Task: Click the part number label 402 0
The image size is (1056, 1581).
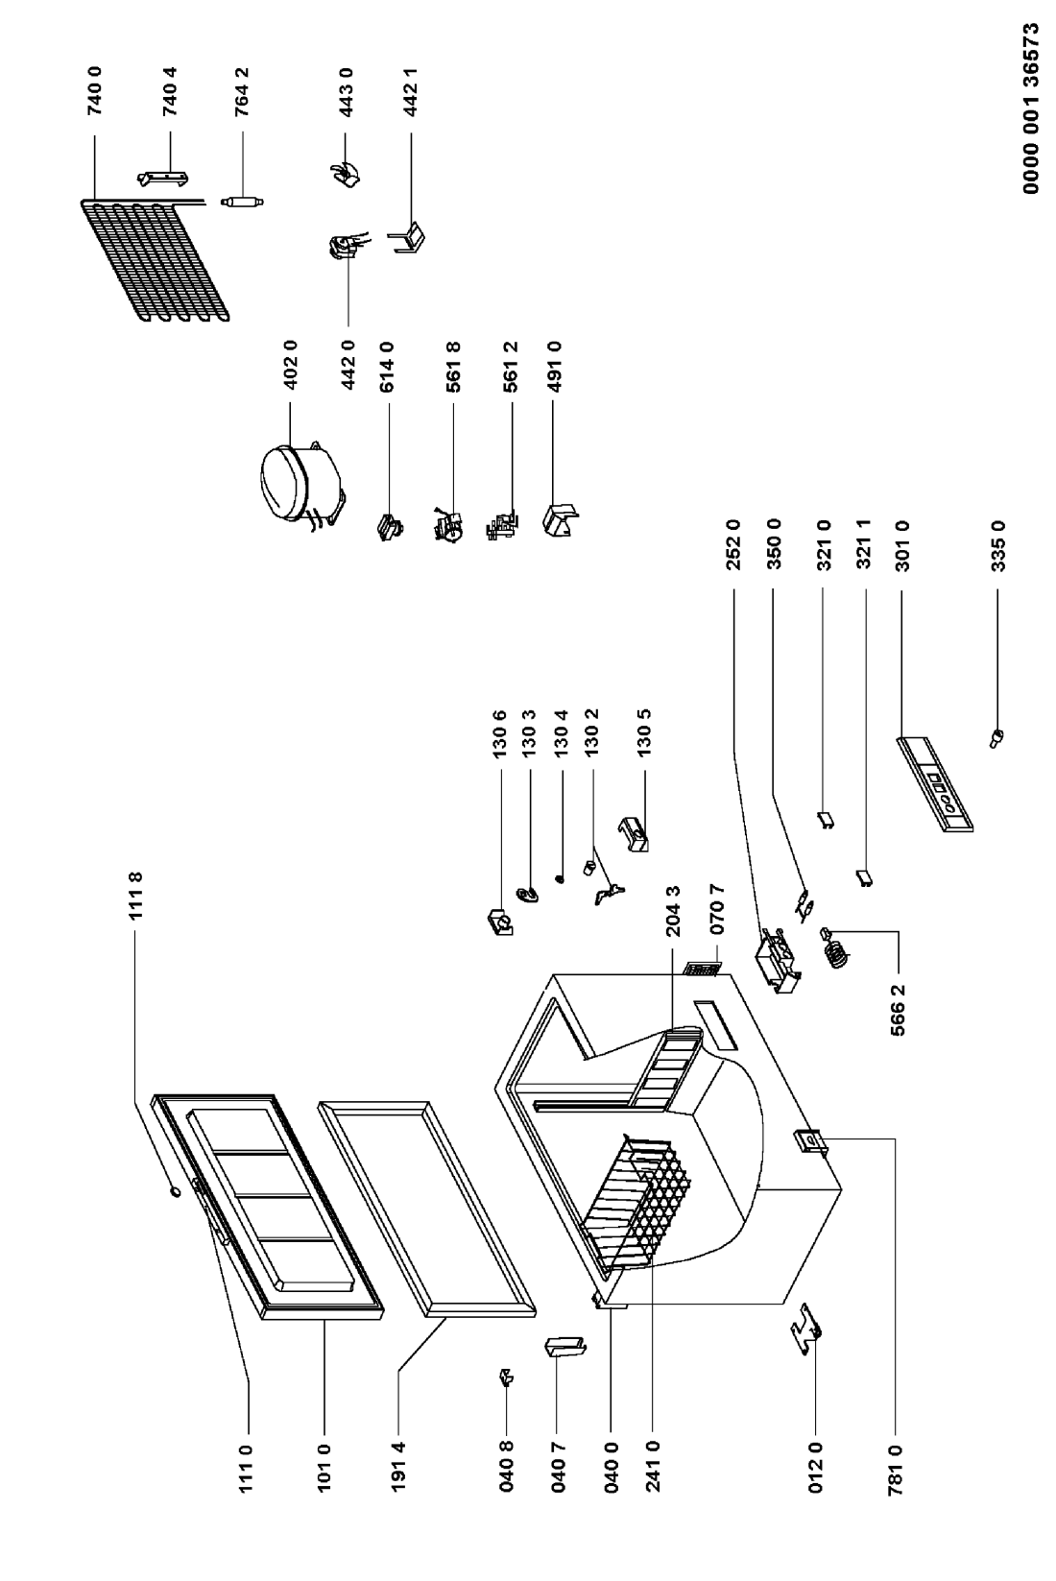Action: point(290,364)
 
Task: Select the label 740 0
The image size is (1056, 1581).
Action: point(96,91)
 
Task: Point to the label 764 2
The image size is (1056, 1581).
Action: point(243,91)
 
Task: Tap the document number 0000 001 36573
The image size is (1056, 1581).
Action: point(1031,109)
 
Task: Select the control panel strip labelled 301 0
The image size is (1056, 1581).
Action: point(934,784)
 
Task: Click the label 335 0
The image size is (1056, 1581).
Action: point(998,545)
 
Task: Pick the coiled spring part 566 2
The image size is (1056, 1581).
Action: point(835,949)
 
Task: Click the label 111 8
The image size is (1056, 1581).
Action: point(136,896)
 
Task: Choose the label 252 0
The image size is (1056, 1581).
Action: point(733,545)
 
